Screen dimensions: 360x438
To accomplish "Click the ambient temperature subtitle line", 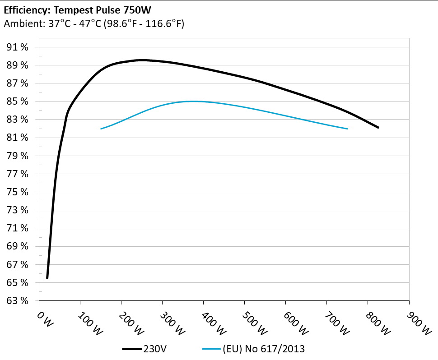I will click(x=94, y=24).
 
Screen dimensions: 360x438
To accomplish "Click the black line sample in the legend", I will click(x=132, y=349).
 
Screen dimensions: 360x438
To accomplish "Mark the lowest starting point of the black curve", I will click(x=47, y=278).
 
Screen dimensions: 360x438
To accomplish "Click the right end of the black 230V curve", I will click(x=378, y=128).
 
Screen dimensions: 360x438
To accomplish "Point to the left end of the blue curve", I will click(x=101, y=129).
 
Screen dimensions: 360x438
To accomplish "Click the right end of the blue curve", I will click(x=347, y=129).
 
